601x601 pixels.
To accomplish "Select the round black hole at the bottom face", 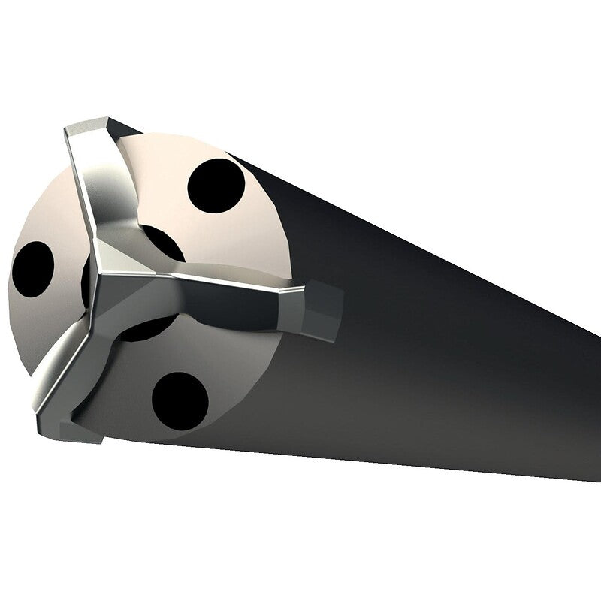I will point(180,399).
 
